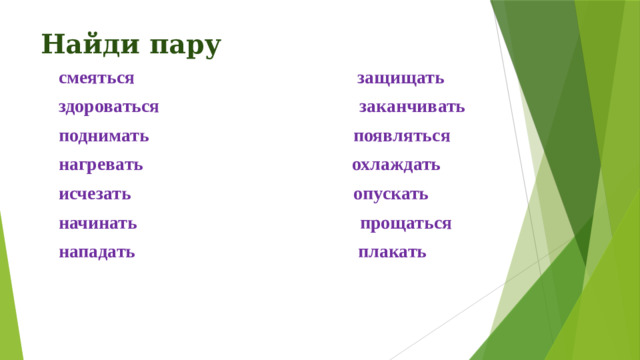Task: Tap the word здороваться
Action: (x=108, y=107)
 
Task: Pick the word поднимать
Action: (x=104, y=136)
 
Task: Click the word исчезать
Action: (x=94, y=194)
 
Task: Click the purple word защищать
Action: (x=401, y=78)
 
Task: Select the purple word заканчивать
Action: (x=411, y=107)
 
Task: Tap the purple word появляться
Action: (x=402, y=136)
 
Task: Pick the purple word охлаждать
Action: (x=396, y=165)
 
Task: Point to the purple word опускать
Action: (x=391, y=194)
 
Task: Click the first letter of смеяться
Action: (x=63, y=78)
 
